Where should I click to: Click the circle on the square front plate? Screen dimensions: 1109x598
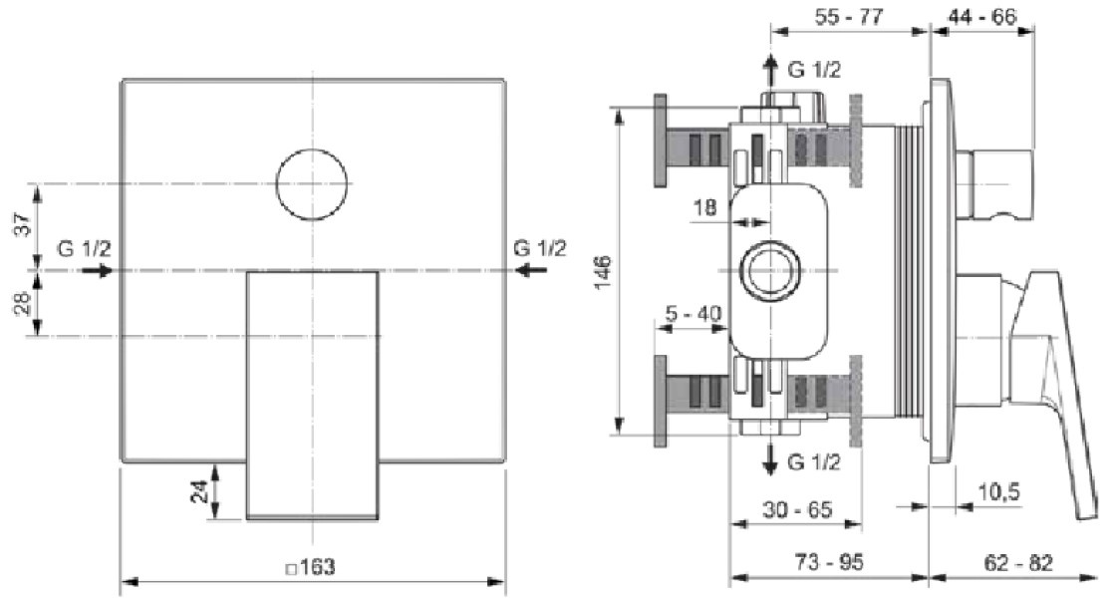(312, 150)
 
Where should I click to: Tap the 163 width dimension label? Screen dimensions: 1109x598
(311, 567)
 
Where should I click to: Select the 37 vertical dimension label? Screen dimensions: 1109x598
(23, 223)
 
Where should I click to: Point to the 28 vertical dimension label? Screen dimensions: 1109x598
(23, 303)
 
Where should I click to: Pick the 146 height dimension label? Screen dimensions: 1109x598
(602, 272)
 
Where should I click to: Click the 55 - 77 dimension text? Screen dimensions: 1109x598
(849, 16)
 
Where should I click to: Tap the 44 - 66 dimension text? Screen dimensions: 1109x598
(981, 16)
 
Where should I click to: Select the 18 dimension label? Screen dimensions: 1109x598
(705, 207)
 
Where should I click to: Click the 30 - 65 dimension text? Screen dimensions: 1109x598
(798, 509)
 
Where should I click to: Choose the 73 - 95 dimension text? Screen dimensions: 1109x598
(828, 562)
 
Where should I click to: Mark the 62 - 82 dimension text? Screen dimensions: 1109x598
(1017, 562)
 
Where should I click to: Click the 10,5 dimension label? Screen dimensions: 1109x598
(999, 491)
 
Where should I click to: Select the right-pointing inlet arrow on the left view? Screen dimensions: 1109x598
(99, 270)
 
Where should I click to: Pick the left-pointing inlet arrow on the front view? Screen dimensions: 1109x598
(531, 270)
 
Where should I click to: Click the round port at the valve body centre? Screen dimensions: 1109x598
(770, 270)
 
